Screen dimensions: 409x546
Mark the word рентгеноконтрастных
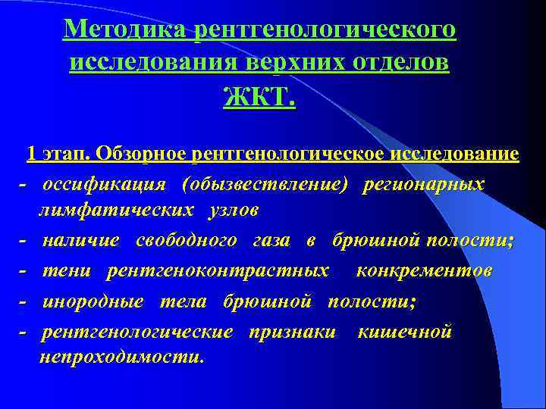click(218, 270)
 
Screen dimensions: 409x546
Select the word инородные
click(93, 301)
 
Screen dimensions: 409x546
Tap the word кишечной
click(404, 331)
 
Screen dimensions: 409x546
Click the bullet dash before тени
click(24, 270)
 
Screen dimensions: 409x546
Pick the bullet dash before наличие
click(24, 241)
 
